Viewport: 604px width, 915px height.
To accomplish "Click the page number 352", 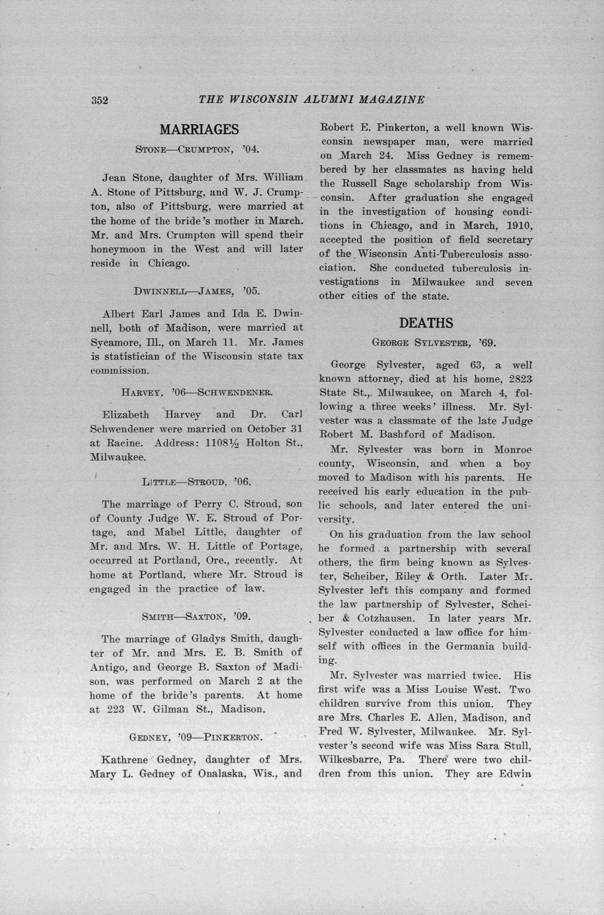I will [x=99, y=100].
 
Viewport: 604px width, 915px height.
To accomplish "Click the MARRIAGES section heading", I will [x=199, y=129].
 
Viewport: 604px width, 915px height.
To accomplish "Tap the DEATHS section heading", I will [x=426, y=323].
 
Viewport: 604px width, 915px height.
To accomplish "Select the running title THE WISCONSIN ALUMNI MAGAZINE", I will [x=311, y=99].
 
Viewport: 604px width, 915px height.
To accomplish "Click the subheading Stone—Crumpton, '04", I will [x=197, y=149].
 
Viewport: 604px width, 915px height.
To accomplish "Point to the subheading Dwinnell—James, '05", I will [x=196, y=290].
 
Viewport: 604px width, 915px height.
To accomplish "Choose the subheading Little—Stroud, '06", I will [x=196, y=481].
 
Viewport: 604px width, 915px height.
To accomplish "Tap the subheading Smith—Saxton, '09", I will [x=196, y=617].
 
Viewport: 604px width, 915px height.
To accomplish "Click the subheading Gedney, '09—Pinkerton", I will [x=196, y=737].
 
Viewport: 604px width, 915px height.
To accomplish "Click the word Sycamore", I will [x=114, y=342].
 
